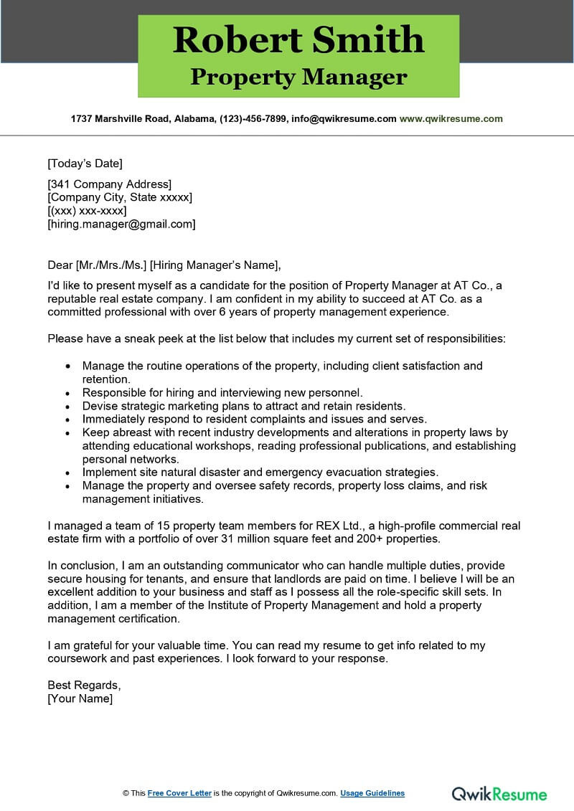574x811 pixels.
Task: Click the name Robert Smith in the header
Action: (298, 39)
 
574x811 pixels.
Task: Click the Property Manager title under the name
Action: (298, 77)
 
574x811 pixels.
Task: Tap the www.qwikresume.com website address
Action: (451, 119)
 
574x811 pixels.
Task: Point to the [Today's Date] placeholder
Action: (85, 163)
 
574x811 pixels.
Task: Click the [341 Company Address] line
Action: (109, 184)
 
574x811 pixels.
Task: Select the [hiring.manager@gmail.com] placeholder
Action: (121, 224)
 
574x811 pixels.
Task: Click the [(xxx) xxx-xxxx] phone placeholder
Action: (87, 211)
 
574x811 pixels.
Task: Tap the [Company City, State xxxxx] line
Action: (120, 197)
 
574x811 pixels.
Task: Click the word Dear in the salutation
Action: (60, 264)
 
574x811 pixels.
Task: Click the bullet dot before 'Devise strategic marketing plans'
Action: (67, 406)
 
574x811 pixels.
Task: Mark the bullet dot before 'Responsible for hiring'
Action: (67, 393)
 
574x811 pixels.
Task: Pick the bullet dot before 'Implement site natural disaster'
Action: (67, 473)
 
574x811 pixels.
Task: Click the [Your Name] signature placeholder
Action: (80, 698)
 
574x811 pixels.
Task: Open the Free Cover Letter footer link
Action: (179, 793)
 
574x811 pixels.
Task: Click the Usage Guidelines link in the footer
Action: (372, 793)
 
